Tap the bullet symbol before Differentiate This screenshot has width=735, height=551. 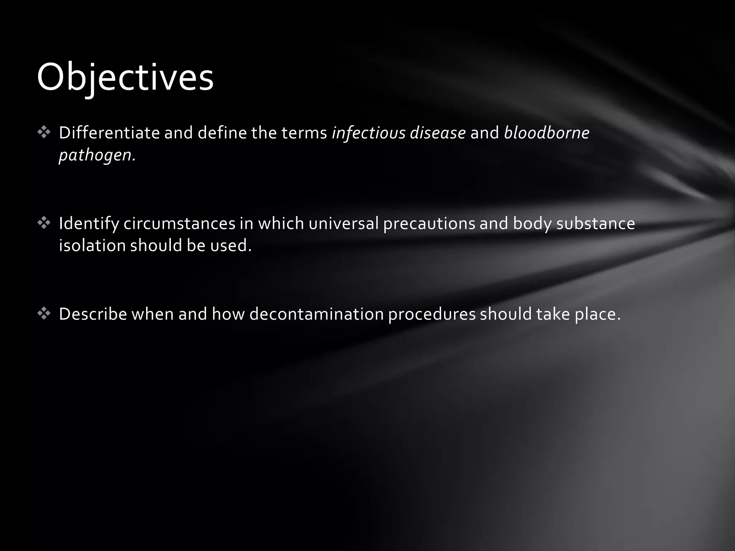point(44,133)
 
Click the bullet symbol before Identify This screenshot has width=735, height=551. point(44,223)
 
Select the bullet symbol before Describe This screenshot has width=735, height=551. point(44,314)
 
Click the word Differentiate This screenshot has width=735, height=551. point(109,133)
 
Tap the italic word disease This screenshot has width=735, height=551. point(438,133)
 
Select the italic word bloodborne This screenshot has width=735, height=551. point(547,133)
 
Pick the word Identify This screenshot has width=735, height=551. point(89,223)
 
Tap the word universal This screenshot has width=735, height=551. point(343,223)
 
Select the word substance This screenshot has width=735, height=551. point(595,223)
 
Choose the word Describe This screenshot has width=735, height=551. point(93,314)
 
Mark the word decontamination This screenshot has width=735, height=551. point(317,314)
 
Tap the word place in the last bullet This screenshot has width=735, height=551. point(597,314)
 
